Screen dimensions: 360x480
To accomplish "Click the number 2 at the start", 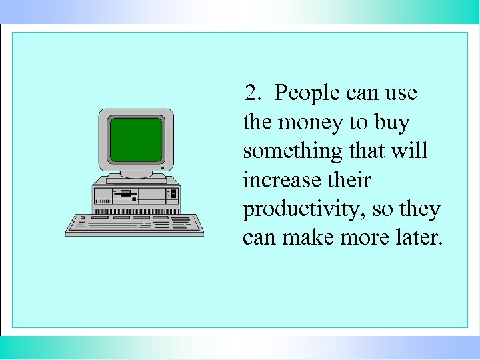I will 251,93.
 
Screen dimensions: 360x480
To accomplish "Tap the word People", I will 307,93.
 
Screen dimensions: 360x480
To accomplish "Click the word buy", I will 392,123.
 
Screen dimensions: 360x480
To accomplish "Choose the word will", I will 412,151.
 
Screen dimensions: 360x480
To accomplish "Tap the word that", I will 367,151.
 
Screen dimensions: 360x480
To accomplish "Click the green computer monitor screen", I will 136,139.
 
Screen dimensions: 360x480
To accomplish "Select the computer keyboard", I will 134,225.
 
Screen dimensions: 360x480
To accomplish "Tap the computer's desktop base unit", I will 137,193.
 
